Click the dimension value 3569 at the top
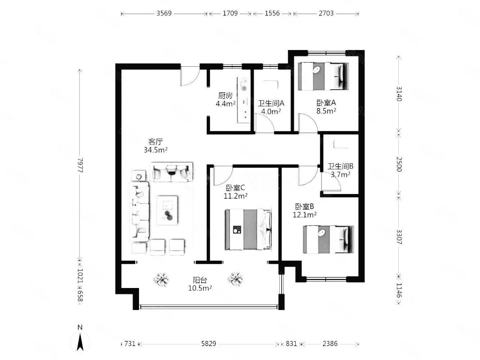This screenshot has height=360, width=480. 164,13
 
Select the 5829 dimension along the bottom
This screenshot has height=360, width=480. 208,344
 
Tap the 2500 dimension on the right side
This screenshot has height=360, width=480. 399,164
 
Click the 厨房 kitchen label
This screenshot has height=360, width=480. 225,96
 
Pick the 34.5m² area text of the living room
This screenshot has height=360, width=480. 156,150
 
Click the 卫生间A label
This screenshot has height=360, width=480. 271,103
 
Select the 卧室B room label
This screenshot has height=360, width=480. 305,206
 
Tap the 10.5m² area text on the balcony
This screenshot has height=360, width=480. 200,288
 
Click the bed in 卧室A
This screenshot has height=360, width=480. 323,76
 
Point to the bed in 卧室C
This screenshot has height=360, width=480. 248,230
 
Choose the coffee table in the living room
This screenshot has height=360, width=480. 167,210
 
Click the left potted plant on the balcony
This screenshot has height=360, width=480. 161,279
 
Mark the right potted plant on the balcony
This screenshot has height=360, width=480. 235,279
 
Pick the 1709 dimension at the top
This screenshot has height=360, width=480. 230,13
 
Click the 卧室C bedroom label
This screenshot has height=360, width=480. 235,188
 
